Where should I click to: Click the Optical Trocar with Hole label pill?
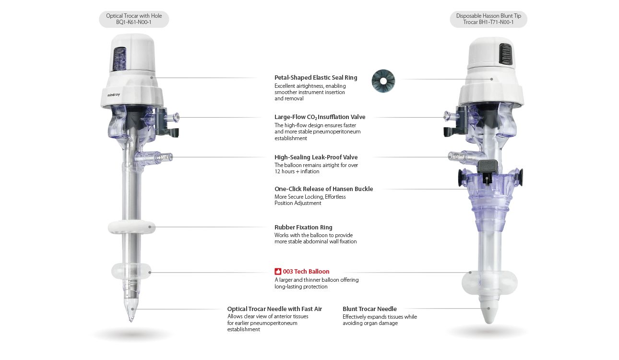134,19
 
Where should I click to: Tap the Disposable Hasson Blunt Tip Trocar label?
488,19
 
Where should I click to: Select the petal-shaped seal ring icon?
383,81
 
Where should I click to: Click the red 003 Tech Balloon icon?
278,271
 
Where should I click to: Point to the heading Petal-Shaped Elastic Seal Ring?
316,78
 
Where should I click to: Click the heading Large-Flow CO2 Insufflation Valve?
320,117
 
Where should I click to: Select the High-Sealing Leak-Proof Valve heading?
316,157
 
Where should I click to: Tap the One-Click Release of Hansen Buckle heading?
323,189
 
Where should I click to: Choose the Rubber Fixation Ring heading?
303,228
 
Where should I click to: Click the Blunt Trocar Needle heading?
369,309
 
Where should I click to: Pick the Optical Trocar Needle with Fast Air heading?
274,309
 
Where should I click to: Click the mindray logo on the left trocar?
114,95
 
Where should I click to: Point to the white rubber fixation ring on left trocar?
131,228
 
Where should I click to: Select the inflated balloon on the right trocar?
489,282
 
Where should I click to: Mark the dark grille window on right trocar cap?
505,54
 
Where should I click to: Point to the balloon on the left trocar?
131,271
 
